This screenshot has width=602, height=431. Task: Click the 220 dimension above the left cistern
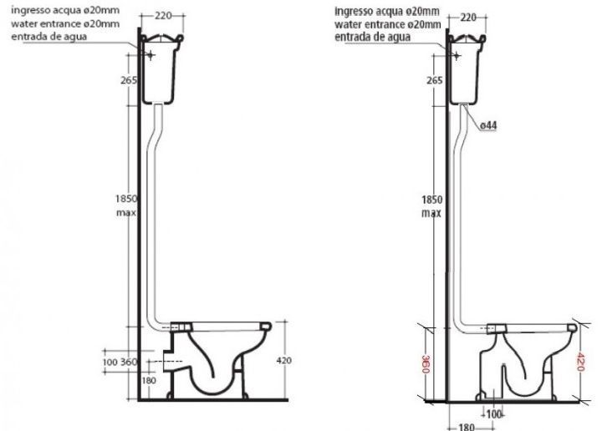[x=163, y=16]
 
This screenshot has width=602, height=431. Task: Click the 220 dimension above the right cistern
[x=468, y=18]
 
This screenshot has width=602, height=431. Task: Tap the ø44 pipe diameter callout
[x=488, y=125]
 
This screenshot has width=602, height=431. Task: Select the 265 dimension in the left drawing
[x=129, y=80]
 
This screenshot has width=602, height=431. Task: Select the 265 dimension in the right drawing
[x=434, y=80]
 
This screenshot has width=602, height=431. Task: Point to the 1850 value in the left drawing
[x=126, y=199]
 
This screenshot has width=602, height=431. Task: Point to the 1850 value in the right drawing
[x=432, y=200]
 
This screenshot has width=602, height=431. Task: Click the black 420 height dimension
[x=283, y=361]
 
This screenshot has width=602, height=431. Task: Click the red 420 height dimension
[x=579, y=361]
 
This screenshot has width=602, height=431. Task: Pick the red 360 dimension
[x=426, y=364]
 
